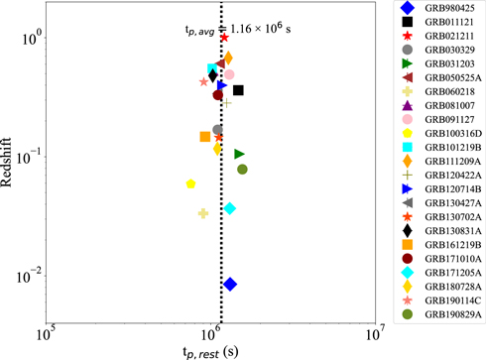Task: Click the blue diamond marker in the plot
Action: (230, 285)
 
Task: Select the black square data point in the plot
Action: (238, 90)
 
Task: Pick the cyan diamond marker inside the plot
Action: (230, 208)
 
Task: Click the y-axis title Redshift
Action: (11, 160)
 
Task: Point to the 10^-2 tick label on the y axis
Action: (27, 275)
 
